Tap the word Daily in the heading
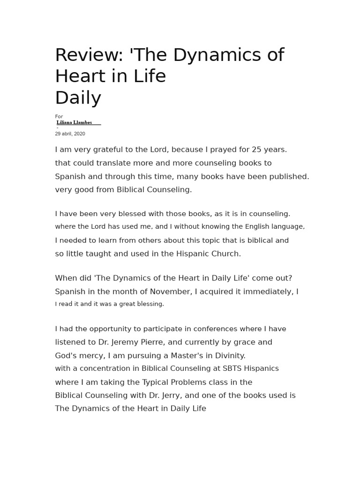click(x=78, y=98)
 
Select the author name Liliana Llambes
click(x=74, y=122)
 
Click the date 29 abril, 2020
click(x=70, y=134)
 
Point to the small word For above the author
click(x=59, y=117)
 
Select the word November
click(x=171, y=292)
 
